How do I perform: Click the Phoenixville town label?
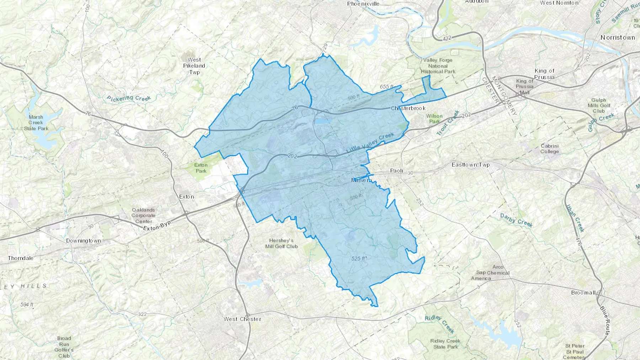(x=363, y=4)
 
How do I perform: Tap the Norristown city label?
(x=617, y=37)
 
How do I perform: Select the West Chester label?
(x=242, y=319)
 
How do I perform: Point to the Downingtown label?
(x=84, y=241)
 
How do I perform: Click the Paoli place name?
(x=396, y=171)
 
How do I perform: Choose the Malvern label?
(x=361, y=180)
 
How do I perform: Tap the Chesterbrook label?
(x=408, y=108)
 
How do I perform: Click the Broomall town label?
(x=583, y=292)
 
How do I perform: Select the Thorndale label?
(x=21, y=258)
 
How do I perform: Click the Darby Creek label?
(x=516, y=220)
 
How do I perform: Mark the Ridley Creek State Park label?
(x=445, y=344)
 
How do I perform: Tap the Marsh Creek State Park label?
(x=36, y=123)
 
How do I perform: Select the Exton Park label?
(x=201, y=168)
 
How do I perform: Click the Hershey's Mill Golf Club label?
(x=281, y=243)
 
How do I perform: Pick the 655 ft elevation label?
(x=386, y=87)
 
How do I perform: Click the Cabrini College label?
(x=549, y=149)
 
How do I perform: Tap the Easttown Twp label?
(x=470, y=165)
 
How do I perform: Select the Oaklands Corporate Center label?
(x=143, y=215)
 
